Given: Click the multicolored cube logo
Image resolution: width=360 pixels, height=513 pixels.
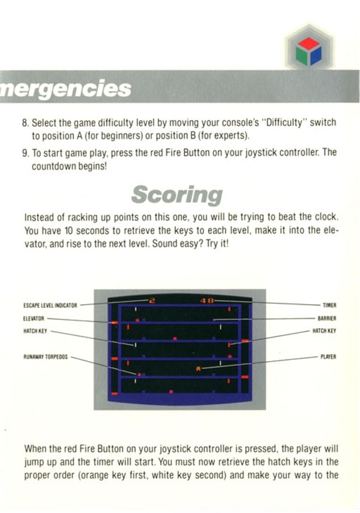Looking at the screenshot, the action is (x=308, y=51).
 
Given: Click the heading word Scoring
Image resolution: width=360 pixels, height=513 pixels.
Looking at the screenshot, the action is (x=177, y=195).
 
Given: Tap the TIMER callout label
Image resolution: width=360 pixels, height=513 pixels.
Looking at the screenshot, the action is (x=329, y=305).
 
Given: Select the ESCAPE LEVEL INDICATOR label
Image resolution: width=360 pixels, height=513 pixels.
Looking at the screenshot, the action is (x=50, y=305).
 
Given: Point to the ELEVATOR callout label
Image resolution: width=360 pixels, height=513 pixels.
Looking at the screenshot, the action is (x=34, y=319).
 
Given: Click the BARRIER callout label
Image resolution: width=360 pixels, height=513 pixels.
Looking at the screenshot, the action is (x=327, y=319).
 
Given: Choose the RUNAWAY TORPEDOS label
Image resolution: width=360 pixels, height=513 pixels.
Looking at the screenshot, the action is (x=46, y=356).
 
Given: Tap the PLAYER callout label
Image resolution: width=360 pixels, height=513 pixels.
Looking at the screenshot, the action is (x=328, y=356).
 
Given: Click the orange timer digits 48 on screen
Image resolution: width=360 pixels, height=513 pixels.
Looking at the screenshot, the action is (x=207, y=301).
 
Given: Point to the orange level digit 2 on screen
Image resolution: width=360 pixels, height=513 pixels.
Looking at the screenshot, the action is (x=152, y=301).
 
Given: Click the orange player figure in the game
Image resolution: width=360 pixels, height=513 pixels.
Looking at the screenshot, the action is (x=198, y=369).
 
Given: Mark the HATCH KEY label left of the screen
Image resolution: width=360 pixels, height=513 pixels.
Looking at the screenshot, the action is (x=35, y=331).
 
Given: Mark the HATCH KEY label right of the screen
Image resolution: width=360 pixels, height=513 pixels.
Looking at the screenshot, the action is (x=325, y=331).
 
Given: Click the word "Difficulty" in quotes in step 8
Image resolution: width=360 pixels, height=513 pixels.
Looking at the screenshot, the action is (x=284, y=122).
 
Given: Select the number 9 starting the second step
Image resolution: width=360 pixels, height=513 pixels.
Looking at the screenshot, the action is (x=25, y=153).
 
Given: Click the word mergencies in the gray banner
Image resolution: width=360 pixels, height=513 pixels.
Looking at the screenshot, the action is (x=65, y=88).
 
